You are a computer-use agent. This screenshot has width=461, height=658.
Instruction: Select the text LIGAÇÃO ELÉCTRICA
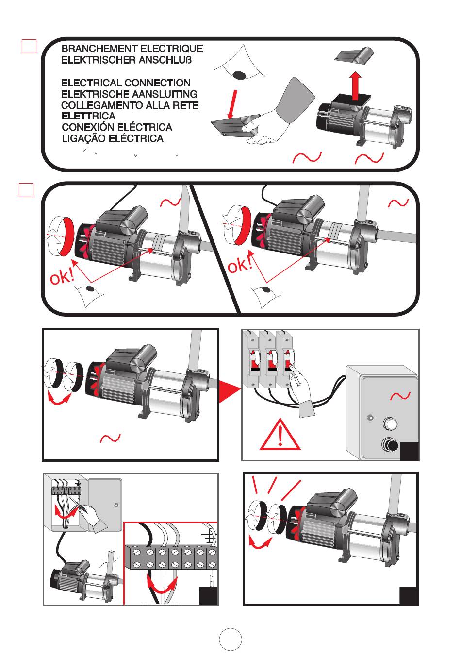tap(112, 138)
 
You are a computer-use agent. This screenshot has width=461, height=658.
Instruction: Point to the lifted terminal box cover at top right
tap(354, 54)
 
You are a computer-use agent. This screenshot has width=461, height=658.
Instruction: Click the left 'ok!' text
tap(63, 278)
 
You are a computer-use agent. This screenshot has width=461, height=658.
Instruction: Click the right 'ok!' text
tap(240, 265)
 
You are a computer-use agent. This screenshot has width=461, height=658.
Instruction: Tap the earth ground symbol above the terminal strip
tap(209, 536)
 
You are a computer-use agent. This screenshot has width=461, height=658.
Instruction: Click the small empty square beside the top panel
tap(29, 46)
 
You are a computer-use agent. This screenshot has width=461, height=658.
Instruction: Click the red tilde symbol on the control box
tap(400, 396)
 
